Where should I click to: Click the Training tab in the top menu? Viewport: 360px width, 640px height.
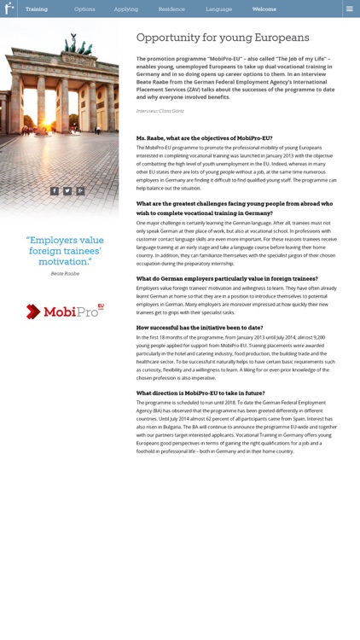pyautogui.click(x=37, y=9)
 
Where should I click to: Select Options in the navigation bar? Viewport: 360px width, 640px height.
pyautogui.click(x=84, y=9)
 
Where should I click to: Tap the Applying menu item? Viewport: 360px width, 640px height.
pyautogui.click(x=126, y=9)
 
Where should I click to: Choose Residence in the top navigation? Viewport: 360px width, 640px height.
pyautogui.click(x=171, y=9)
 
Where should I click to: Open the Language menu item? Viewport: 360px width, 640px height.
pyautogui.click(x=218, y=9)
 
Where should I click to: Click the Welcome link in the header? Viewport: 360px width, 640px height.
pyautogui.click(x=264, y=9)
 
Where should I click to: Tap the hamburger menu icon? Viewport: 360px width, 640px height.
pyautogui.click(x=349, y=9)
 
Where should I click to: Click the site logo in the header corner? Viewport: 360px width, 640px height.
pyautogui.click(x=9, y=9)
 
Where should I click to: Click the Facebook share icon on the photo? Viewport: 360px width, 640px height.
pyautogui.click(x=55, y=191)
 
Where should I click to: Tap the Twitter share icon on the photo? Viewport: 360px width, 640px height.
pyautogui.click(x=67, y=191)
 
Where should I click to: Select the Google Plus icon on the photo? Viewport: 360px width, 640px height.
pyautogui.click(x=80, y=191)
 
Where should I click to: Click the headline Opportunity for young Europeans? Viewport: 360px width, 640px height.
pyautogui.click(x=223, y=38)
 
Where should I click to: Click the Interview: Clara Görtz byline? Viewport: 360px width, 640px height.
pyautogui.click(x=160, y=111)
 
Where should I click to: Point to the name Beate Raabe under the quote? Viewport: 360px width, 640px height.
pyautogui.click(x=65, y=274)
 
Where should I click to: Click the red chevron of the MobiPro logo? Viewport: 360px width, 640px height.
pyautogui.click(x=33, y=311)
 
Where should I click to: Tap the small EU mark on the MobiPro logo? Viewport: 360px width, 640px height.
pyautogui.click(x=101, y=305)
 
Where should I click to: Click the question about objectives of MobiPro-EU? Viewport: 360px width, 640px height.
pyautogui.click(x=204, y=138)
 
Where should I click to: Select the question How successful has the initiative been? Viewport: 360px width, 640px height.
pyautogui.click(x=200, y=328)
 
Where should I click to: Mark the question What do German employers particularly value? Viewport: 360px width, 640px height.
pyautogui.click(x=227, y=279)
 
